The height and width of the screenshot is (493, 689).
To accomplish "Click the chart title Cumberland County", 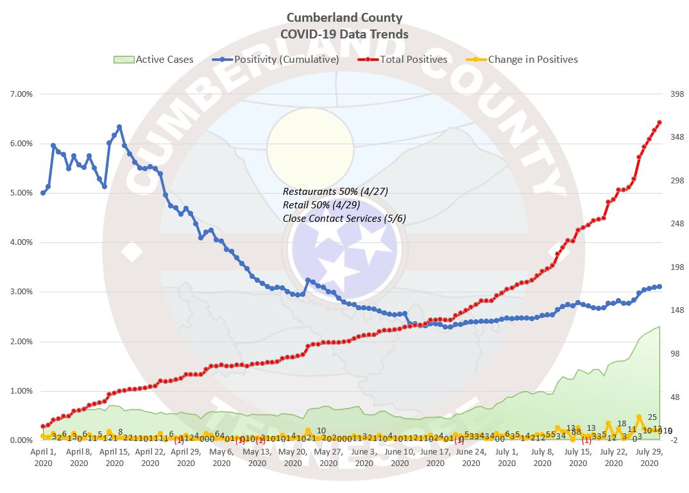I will [344, 17].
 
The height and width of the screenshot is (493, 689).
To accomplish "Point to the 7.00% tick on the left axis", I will [19, 94].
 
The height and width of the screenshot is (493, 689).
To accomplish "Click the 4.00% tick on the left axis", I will [19, 242].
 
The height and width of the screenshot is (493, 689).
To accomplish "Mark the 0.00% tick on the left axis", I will [19, 440].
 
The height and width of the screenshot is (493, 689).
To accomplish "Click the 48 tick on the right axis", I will [659, 397].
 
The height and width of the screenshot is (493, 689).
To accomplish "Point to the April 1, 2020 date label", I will [43, 457].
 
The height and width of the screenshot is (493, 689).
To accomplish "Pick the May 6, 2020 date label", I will [221, 457].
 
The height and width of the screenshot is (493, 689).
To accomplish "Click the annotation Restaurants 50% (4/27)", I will [336, 192].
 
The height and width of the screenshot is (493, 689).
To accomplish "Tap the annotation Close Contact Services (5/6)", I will [344, 219].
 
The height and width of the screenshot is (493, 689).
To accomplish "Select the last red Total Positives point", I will [659, 122].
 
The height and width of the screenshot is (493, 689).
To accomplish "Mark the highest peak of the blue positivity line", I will [119, 127].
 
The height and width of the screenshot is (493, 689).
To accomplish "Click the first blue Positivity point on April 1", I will [43, 193].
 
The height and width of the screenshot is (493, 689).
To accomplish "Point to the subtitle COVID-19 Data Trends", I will [344, 34].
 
